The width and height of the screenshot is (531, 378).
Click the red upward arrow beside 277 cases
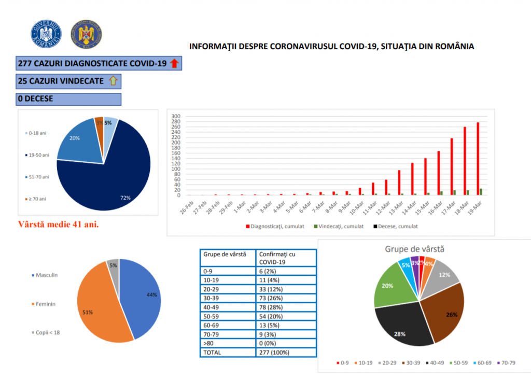(x=174, y=64)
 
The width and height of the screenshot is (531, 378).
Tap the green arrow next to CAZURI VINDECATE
(x=114, y=81)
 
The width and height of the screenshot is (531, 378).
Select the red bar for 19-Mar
(x=478, y=159)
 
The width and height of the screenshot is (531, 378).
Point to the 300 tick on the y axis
(x=176, y=116)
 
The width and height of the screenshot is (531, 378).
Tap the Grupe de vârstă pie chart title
(x=414, y=249)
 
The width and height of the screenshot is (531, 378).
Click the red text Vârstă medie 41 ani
(x=59, y=225)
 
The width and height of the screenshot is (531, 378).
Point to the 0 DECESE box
(x=68, y=99)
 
